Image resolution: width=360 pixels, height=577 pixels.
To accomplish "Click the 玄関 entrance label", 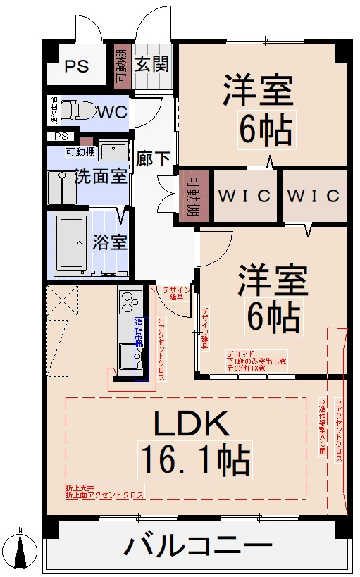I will [x=151, y=65].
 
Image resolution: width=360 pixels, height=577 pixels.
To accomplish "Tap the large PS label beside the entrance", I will [x=77, y=68].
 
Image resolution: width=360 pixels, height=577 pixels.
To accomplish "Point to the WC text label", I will [x=111, y=112].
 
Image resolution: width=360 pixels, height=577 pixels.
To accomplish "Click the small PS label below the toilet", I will [x=61, y=136].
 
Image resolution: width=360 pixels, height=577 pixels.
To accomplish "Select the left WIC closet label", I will [x=244, y=195].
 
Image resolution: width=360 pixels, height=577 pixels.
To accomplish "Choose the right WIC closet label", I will [x=314, y=195].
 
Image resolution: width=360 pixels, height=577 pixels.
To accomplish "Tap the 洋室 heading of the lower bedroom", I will [x=272, y=280].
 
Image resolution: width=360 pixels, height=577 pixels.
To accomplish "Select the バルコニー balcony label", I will [x=199, y=547].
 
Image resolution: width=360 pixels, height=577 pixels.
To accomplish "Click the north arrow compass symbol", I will [x=22, y=550].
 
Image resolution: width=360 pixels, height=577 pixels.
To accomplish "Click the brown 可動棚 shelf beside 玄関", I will [x=120, y=66].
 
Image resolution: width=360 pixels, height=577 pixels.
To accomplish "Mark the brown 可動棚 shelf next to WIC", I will [x=191, y=195].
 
